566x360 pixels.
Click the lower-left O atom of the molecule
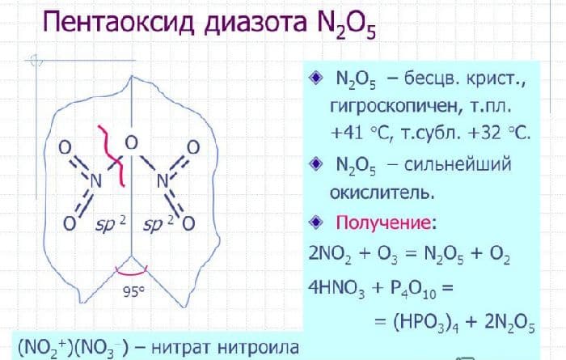[69, 221]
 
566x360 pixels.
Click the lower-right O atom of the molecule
[188, 221]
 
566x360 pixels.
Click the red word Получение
[382, 222]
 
